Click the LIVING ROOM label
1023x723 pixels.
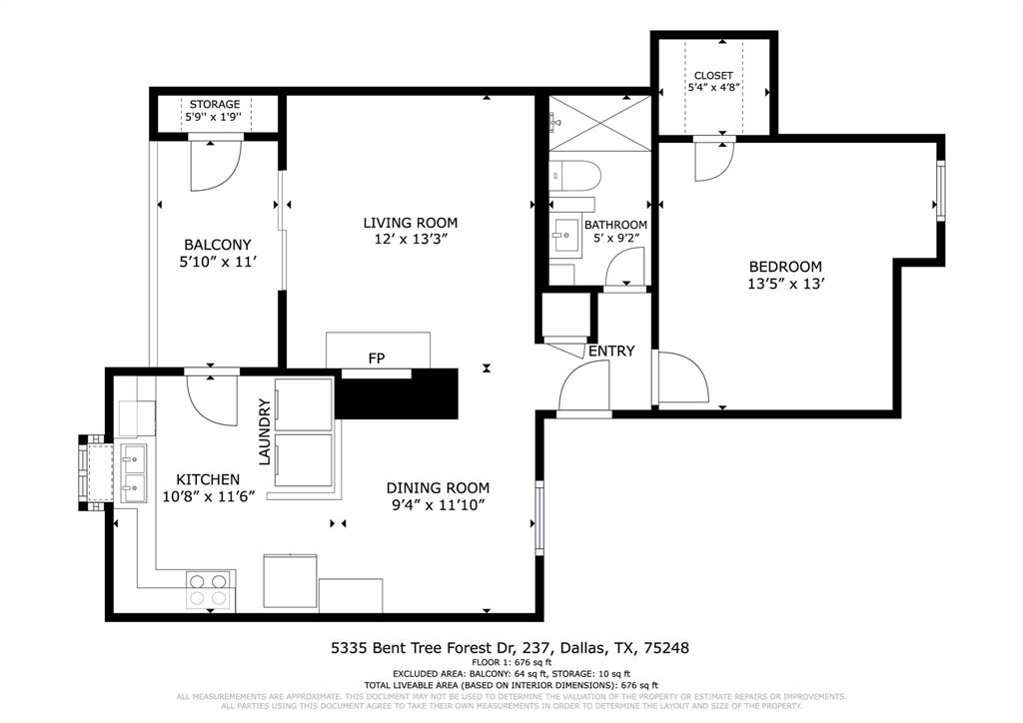point(410,223)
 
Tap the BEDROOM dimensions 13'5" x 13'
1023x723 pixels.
point(785,284)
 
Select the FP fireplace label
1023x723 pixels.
point(377,358)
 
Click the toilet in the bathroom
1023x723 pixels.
point(576,176)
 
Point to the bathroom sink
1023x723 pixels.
point(566,237)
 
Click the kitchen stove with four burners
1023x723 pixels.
point(210,589)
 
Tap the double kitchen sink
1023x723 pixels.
point(132,472)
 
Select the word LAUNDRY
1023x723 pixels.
point(265,431)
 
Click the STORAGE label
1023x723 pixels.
point(215,104)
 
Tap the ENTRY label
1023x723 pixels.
point(611,352)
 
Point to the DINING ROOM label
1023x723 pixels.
point(439,488)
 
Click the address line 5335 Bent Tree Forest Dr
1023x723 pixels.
point(510,648)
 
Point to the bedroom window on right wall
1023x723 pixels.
point(939,189)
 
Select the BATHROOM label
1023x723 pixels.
point(615,225)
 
